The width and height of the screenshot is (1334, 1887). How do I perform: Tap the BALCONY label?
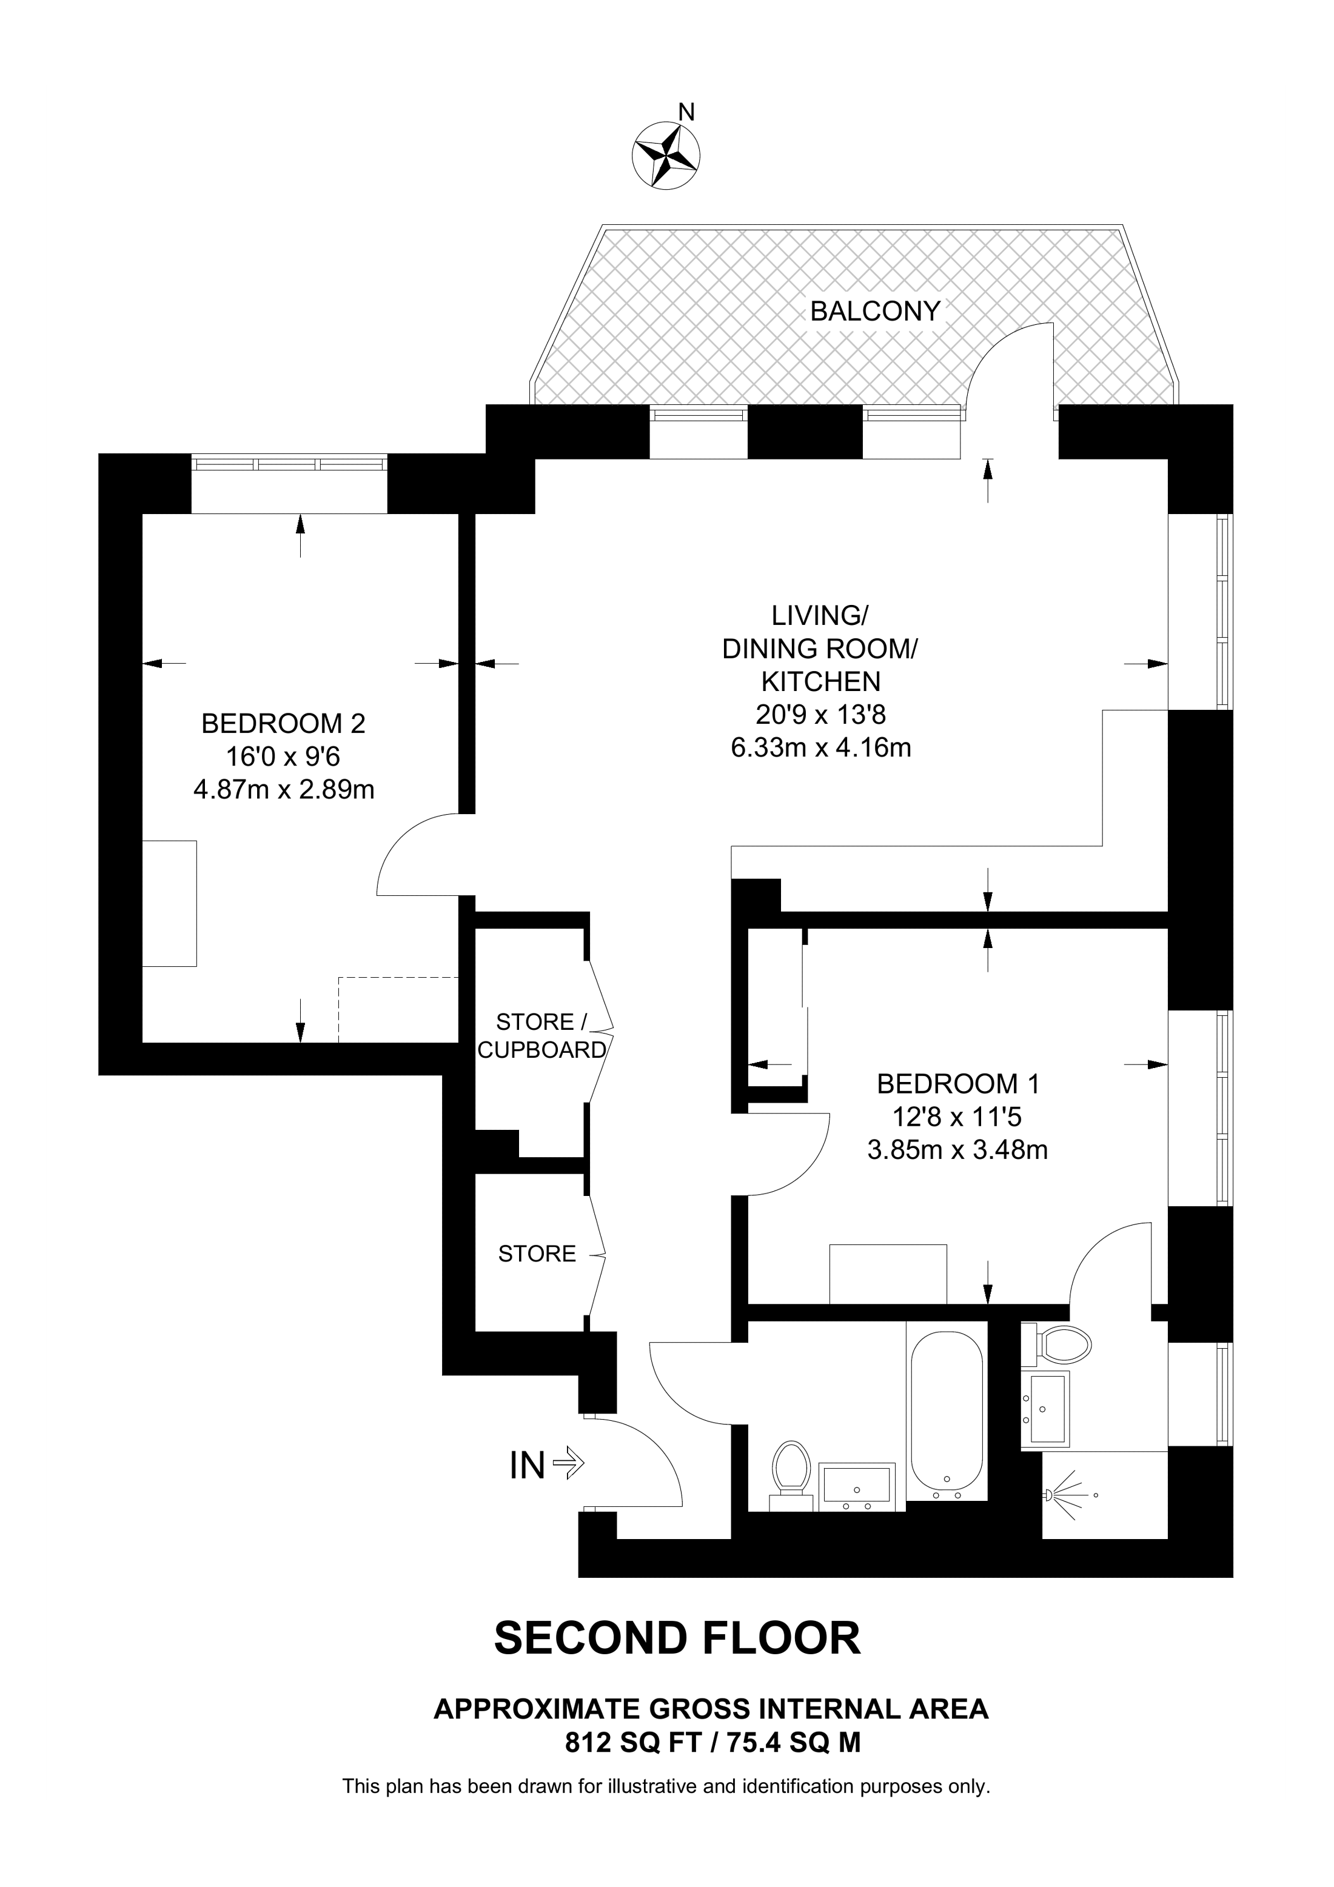pos(874,312)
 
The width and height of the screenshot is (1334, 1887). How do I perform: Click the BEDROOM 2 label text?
pos(283,723)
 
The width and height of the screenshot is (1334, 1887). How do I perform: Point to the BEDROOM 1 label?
pos(957,1084)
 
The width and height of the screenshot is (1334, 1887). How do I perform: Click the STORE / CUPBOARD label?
pos(541,1035)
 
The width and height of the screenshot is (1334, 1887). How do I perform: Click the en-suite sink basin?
pos(1045,1408)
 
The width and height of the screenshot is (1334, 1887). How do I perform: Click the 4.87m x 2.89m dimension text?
pos(284,790)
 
